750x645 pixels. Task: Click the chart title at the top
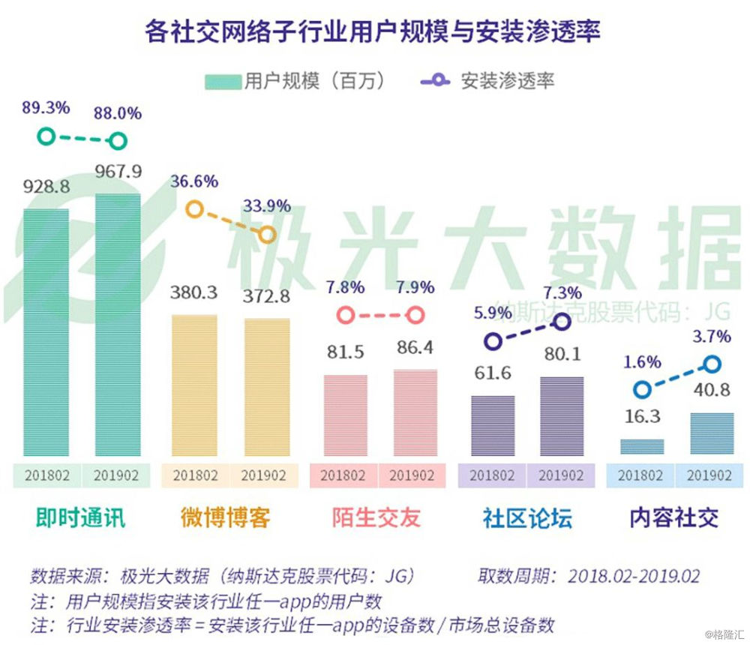coord(373,31)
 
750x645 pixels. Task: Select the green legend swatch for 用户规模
coord(223,81)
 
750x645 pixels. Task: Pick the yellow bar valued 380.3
coord(194,385)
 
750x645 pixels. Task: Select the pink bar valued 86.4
coord(415,412)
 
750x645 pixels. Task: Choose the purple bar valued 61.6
coord(493,425)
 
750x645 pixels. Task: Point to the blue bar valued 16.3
coord(642,447)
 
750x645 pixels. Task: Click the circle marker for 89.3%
coord(46,136)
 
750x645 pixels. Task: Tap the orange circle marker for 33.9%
coord(266,235)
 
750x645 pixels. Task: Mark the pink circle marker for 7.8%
coord(345,316)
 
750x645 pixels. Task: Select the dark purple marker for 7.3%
coord(562,322)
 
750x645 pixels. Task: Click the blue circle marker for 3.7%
coord(712,364)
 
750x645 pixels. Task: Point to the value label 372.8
coord(265,297)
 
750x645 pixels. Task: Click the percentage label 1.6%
coord(642,362)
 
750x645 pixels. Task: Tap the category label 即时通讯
coord(80,517)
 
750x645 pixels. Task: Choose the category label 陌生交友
coord(376,517)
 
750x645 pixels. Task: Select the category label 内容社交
coord(674,517)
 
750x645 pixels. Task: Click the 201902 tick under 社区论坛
coord(560,476)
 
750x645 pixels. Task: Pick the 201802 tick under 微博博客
coord(196,476)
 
